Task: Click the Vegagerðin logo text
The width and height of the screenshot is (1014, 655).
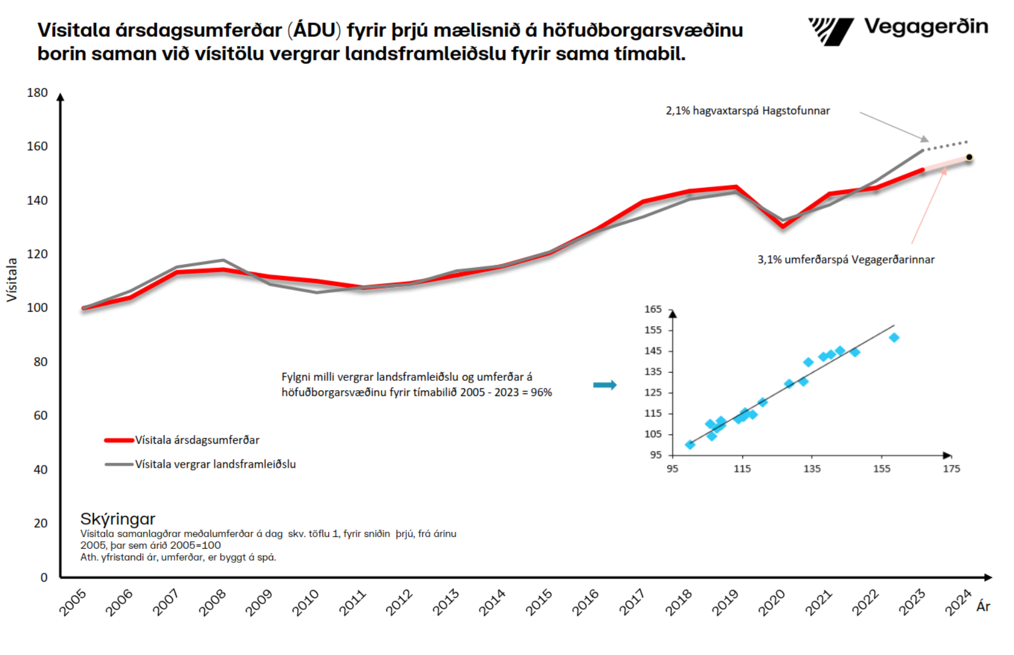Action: [x=925, y=27]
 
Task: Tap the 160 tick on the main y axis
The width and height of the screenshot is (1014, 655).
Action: [x=37, y=146]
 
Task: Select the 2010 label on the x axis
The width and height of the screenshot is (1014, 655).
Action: [x=305, y=603]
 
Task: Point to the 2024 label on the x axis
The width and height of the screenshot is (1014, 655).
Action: [x=958, y=603]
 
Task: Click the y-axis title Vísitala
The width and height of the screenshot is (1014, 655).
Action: [x=12, y=280]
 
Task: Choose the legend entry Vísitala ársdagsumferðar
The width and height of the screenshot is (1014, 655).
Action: [x=197, y=440]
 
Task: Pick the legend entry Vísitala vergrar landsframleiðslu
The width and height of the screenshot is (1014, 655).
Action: [x=215, y=464]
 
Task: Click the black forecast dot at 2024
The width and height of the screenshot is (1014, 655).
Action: [x=969, y=157]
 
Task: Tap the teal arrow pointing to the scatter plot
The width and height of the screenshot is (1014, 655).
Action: [x=604, y=385]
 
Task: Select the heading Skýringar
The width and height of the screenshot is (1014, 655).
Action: [x=117, y=519]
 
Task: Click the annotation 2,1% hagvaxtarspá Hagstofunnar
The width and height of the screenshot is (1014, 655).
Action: [x=747, y=111]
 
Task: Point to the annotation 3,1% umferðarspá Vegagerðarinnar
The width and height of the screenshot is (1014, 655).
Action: [x=845, y=259]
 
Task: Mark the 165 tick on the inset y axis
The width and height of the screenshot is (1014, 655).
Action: [x=653, y=309]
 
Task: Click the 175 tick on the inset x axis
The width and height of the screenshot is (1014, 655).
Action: [x=951, y=469]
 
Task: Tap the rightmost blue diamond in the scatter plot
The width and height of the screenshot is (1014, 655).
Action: [x=894, y=337]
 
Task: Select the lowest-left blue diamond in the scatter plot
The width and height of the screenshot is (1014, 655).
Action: [x=690, y=445]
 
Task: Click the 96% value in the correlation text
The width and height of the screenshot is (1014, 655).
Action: [x=541, y=393]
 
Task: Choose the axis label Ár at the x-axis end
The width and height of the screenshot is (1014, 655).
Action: [x=983, y=607]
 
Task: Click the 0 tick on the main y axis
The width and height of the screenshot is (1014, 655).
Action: [x=43, y=578]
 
